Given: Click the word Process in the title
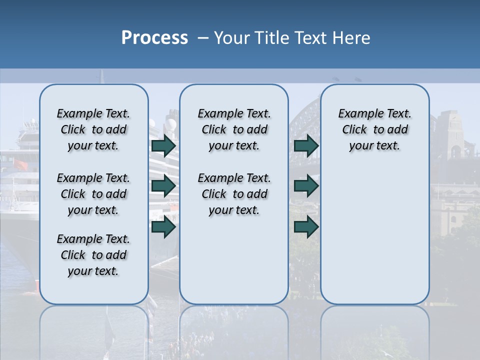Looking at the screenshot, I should [x=154, y=38].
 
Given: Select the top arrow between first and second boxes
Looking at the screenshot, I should [x=163, y=146].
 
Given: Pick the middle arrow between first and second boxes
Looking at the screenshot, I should [x=163, y=186].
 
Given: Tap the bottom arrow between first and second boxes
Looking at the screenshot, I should [x=163, y=226].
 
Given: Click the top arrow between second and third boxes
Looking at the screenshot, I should [x=306, y=146].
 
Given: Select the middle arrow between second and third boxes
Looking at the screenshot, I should [x=306, y=186].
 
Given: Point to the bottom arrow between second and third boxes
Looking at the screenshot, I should [x=306, y=226].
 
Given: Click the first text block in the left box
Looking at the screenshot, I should [x=93, y=129].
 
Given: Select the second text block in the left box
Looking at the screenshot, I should [x=93, y=194].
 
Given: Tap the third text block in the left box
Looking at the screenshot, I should [x=93, y=255].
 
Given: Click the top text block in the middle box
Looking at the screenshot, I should [x=234, y=129].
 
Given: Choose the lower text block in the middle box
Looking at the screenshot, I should [x=234, y=194].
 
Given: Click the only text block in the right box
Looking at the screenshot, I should [x=374, y=129].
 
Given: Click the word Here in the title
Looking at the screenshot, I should [x=351, y=38].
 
